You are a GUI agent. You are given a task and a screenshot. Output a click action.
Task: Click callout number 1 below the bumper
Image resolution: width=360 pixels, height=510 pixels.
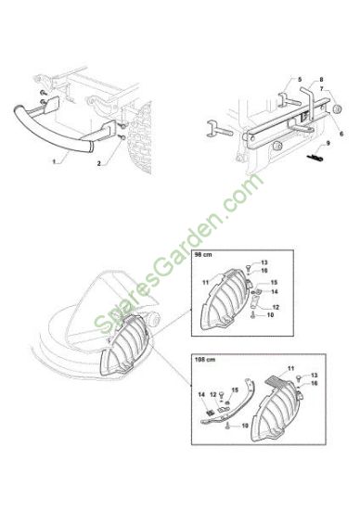pos(54,161)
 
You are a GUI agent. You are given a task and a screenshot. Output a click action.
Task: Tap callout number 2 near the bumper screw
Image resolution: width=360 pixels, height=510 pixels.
pos(99,163)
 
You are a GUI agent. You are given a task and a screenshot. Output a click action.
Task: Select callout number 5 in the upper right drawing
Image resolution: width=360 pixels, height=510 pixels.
pos(300,79)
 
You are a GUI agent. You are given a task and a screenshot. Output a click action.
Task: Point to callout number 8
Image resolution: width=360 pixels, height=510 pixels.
pos(321,79)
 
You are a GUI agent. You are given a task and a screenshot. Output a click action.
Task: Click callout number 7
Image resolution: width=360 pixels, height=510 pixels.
pos(322,88)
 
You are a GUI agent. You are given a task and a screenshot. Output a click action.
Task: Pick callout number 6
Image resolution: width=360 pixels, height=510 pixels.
pos(341,134)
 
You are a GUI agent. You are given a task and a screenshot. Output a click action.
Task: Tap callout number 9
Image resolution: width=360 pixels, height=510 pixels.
pos(328,143)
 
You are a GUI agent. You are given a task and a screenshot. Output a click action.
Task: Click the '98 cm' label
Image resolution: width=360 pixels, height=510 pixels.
pos(203,255)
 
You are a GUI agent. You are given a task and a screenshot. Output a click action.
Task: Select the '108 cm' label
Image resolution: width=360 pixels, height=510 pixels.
pos(205,360)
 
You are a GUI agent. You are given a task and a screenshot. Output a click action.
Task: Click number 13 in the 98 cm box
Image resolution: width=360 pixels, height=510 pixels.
pos(264,262)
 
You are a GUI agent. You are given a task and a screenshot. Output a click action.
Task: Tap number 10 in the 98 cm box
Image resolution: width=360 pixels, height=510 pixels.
pos(270,315)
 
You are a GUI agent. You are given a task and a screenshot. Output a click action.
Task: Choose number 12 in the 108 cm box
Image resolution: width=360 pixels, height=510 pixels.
pos(213,394)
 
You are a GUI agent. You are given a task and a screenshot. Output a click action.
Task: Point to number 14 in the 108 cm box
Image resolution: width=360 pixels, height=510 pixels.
pos(201,394)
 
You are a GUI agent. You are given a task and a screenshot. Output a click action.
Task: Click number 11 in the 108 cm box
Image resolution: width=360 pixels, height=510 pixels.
pos(291,368)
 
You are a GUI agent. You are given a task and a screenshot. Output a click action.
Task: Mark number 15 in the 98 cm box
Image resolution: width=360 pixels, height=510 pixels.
pos(274,282)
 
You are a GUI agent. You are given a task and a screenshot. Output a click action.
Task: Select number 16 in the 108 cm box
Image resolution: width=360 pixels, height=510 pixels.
pos(315,383)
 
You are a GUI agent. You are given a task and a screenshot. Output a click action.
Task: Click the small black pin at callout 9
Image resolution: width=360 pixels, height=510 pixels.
pos(315,158)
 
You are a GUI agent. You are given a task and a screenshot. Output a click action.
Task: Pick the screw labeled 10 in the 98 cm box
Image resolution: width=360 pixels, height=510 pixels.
pos(252,314)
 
